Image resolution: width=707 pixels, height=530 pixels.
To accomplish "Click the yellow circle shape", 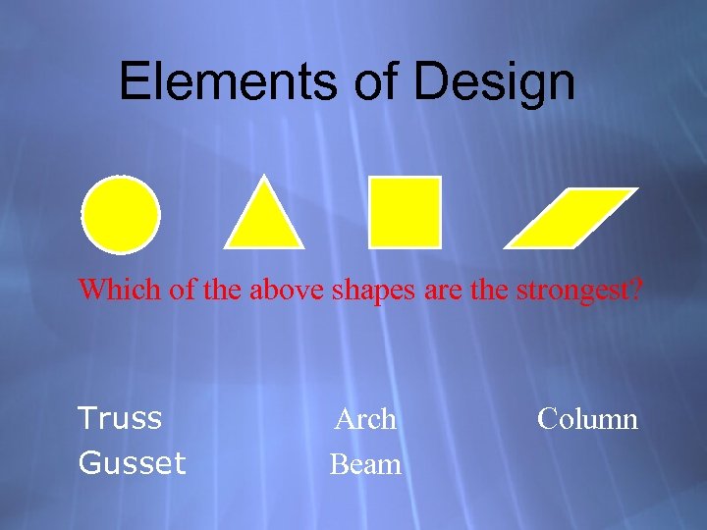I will pos(121,213).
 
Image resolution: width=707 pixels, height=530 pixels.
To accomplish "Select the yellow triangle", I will pos(263,218).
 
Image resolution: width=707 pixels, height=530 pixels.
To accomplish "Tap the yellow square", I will pos(405,211).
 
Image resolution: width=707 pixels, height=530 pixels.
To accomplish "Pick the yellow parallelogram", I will pos(571,216).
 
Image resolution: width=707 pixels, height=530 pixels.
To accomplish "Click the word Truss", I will pos(120,419).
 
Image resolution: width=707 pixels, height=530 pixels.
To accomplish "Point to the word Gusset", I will pos(132,462).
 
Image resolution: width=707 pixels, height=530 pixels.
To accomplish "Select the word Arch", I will pos(365,420).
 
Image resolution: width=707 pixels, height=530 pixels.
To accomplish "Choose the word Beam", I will pos(365,463).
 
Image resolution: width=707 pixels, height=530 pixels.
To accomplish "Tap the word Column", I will pos(587,420).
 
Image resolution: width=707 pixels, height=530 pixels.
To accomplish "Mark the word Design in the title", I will pos(494,83).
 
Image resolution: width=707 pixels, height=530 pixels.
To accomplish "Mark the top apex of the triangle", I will pos(263,179).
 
